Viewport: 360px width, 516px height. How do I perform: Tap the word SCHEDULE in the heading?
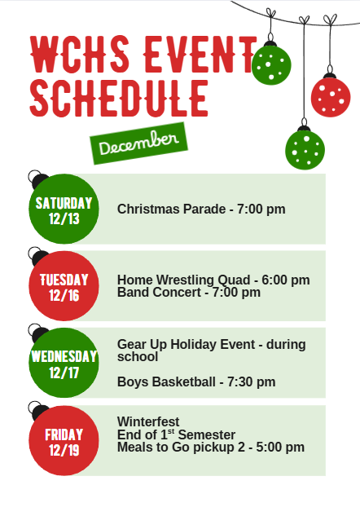(x=119, y=97)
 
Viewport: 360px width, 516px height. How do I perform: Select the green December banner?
(x=138, y=143)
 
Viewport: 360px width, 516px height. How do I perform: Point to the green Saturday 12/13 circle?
(x=64, y=209)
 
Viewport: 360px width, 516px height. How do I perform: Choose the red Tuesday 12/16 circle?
(x=64, y=286)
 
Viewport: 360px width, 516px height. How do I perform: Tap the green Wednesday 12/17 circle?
(x=64, y=364)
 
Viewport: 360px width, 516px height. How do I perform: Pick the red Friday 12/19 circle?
(x=64, y=440)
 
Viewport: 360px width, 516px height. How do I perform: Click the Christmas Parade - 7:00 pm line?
(x=201, y=209)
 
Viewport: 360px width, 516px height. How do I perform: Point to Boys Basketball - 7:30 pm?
(x=196, y=381)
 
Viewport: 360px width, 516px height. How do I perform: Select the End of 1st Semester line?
(x=176, y=434)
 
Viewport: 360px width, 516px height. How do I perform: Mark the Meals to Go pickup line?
(x=211, y=447)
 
